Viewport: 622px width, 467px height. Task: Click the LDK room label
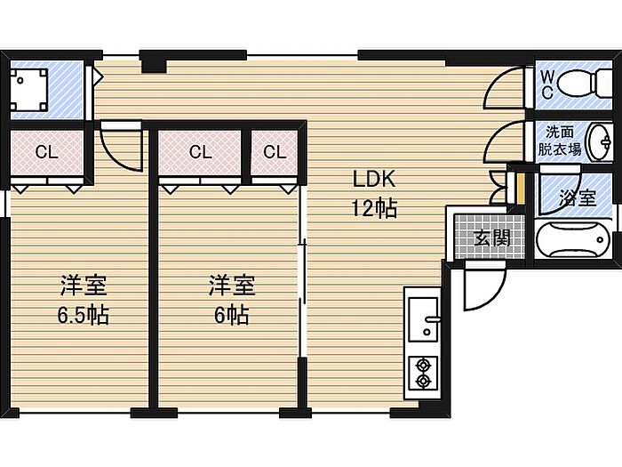pyautogui.click(x=374, y=179)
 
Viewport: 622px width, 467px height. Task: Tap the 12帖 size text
pyautogui.click(x=374, y=207)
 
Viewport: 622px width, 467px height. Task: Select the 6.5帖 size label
pyautogui.click(x=84, y=315)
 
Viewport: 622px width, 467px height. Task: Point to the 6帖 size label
pyautogui.click(x=232, y=315)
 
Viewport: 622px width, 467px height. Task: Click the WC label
pyautogui.click(x=547, y=85)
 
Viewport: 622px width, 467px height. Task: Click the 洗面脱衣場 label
pyautogui.click(x=559, y=141)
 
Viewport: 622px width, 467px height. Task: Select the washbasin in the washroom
pyautogui.click(x=600, y=141)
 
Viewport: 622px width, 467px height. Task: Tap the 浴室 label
pyautogui.click(x=578, y=197)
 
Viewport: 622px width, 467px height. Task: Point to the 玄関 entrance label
pyautogui.click(x=492, y=238)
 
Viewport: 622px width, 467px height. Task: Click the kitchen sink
pyautogui.click(x=424, y=318)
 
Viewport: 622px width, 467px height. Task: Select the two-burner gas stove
pyautogui.click(x=424, y=373)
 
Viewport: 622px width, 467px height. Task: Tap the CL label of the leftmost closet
pyautogui.click(x=47, y=152)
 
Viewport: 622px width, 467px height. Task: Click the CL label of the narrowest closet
pyautogui.click(x=275, y=152)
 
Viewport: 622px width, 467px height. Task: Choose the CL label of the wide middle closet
pyautogui.click(x=200, y=152)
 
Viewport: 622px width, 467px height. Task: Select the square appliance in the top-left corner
pyautogui.click(x=28, y=90)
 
